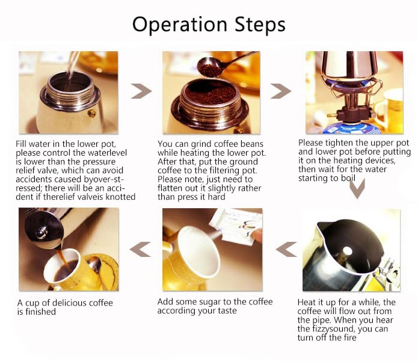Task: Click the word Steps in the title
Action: coord(259,25)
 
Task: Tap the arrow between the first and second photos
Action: coord(141,91)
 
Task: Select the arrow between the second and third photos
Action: coord(280,91)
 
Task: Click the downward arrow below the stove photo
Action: coord(357,188)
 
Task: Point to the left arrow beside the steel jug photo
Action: coord(286,248)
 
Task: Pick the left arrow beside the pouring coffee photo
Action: coord(140,248)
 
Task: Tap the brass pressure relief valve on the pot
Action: coord(91,113)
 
